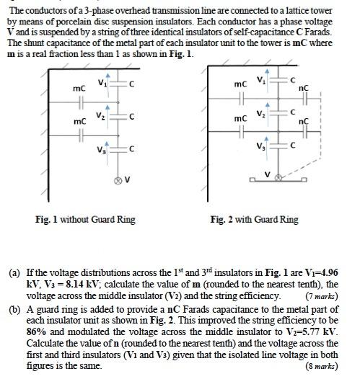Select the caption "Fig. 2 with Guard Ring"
[x=254, y=219]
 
